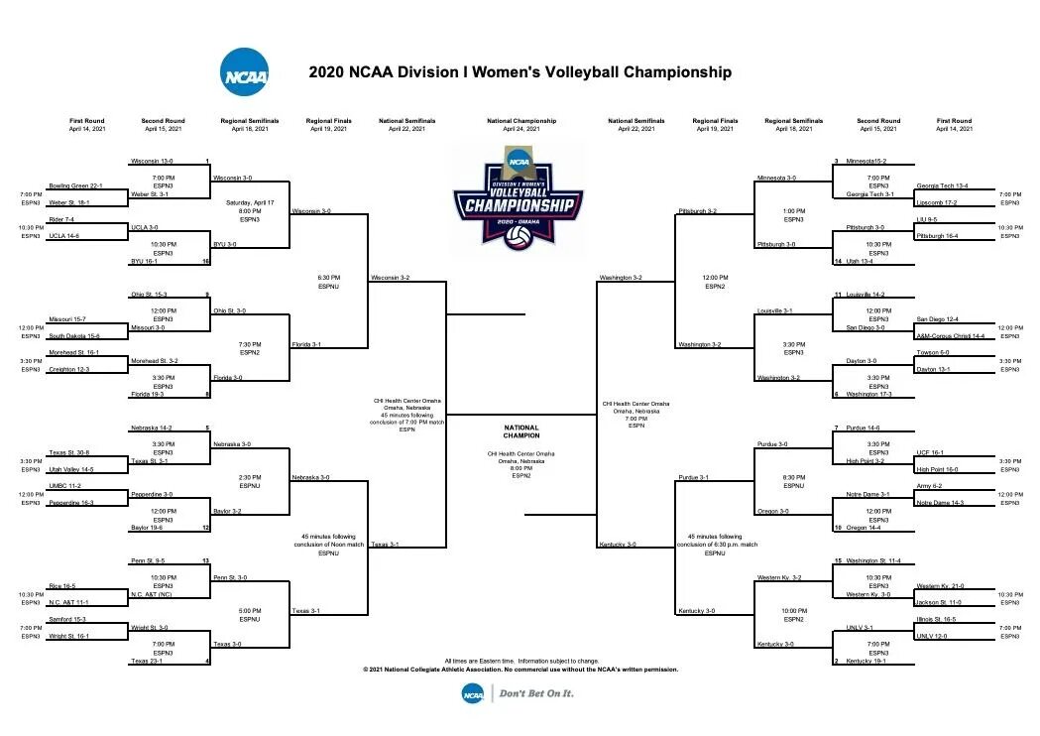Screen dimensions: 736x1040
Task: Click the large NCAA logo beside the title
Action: (243, 73)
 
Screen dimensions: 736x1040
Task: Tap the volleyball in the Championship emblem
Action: (518, 238)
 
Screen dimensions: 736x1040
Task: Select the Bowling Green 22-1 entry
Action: (74, 185)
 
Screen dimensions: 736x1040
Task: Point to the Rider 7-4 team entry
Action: (61, 219)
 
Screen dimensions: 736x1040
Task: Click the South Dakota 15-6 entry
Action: (74, 335)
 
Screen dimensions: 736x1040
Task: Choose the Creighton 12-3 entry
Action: (69, 369)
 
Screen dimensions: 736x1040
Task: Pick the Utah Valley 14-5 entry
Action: (71, 469)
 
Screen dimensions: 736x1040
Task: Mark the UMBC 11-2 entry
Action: (64, 486)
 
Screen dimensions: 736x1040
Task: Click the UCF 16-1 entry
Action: (929, 452)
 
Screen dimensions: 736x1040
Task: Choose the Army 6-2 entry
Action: (929, 486)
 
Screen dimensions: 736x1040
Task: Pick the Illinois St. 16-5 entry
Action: (937, 619)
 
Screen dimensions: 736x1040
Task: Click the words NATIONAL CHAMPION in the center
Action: (521, 431)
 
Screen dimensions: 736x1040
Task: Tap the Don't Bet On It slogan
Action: (536, 693)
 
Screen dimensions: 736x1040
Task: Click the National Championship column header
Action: (521, 121)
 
